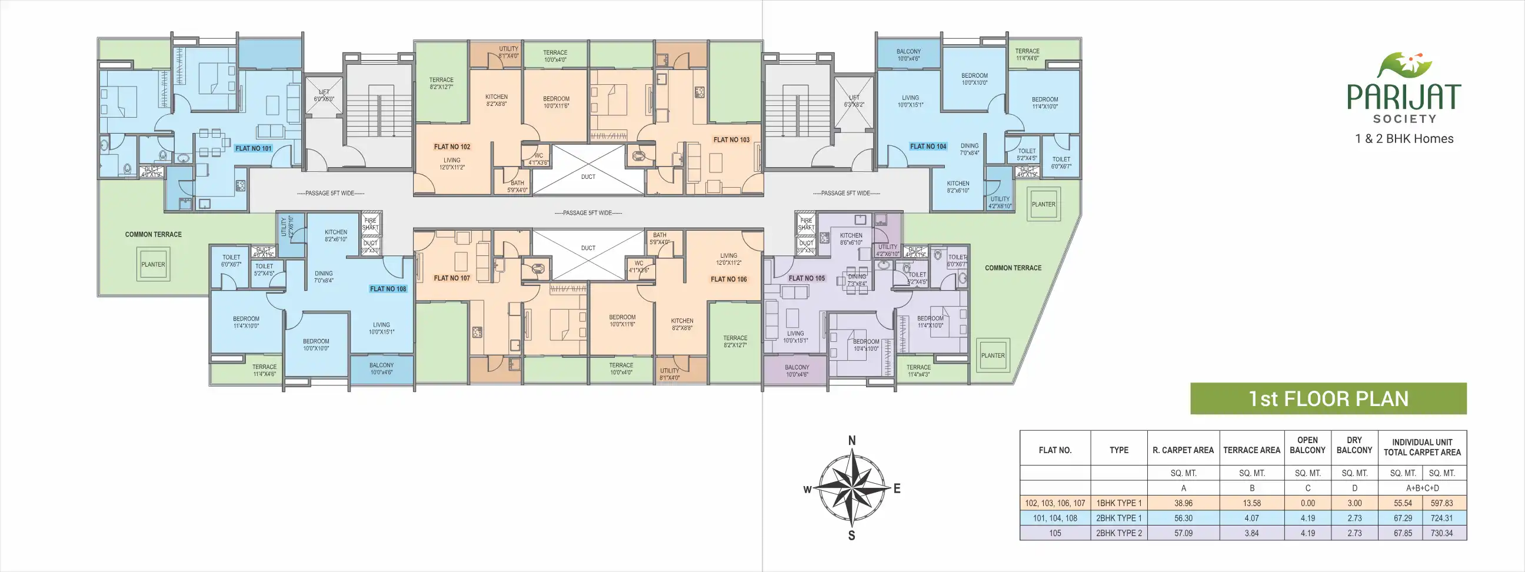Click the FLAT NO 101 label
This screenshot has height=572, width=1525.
[x=254, y=148]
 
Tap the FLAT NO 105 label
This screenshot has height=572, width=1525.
[x=806, y=278]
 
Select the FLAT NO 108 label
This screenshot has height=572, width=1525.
[x=388, y=289]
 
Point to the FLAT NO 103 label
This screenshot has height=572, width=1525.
[x=731, y=139]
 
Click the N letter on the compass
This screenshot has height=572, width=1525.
[x=852, y=441]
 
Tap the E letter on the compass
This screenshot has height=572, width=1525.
[x=897, y=488]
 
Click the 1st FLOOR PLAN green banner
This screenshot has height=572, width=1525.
[x=1328, y=398]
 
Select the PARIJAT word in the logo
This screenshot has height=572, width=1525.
[x=1404, y=97]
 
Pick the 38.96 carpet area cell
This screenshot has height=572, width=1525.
[x=1183, y=503]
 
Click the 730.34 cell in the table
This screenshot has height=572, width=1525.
[x=1441, y=533]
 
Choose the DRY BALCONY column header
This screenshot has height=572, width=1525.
[x=1354, y=445]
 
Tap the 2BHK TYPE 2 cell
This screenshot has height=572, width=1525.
[x=1119, y=533]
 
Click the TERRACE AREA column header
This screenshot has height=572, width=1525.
[x=1251, y=450]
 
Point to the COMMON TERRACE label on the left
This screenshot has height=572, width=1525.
[x=154, y=234]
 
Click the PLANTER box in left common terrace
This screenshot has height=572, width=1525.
[x=154, y=265]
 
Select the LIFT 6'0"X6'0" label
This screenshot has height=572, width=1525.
[x=324, y=95]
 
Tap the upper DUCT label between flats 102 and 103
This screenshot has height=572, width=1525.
[x=588, y=177]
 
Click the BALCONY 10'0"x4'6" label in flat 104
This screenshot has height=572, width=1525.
[x=908, y=55]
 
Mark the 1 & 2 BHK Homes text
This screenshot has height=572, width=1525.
[x=1404, y=138]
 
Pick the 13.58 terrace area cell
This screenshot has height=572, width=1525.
[x=1251, y=503]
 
